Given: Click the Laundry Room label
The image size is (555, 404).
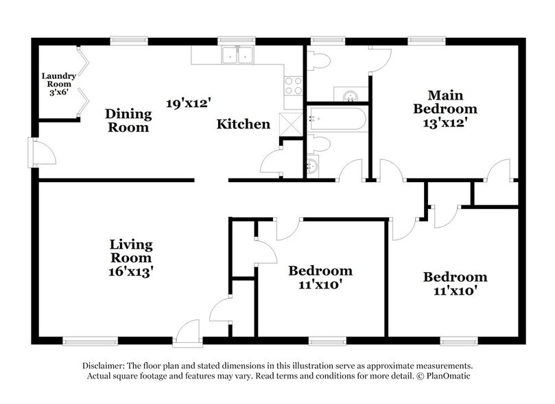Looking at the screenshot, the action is pyautogui.click(x=59, y=85).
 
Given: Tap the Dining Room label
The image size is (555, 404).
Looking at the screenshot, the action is pyautogui.click(x=128, y=120).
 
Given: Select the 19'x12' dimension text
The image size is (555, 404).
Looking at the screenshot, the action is pyautogui.click(x=189, y=104).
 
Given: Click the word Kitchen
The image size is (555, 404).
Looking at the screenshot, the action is pyautogui.click(x=243, y=124).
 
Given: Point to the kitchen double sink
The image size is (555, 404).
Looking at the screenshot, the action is pyautogui.click(x=237, y=55).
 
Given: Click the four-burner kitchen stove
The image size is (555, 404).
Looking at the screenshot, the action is pyautogui.click(x=294, y=86).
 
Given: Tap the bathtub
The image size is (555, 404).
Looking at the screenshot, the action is pyautogui.click(x=338, y=119).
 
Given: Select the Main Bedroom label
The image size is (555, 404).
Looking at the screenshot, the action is pyautogui.click(x=445, y=102).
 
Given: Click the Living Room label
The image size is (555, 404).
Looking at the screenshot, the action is pyautogui.click(x=131, y=251).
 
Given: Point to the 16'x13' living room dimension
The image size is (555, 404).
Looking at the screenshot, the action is pyautogui.click(x=131, y=271).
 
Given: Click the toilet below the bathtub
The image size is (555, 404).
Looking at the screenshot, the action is pyautogui.click(x=319, y=144).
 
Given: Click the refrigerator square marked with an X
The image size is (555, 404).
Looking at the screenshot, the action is pyautogui.click(x=291, y=124).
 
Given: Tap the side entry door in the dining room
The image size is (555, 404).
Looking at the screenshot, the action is pyautogui.click(x=42, y=153).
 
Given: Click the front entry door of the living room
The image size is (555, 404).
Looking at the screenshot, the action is pyautogui.click(x=187, y=333).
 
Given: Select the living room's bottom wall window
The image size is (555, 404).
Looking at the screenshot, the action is pyautogui.click(x=91, y=341).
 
